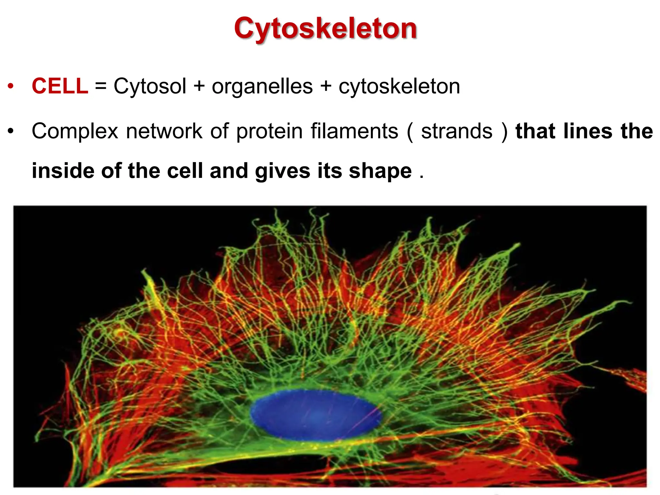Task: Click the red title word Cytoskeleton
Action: point(325,28)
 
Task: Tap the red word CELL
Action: point(60,86)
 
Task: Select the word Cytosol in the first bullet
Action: point(150,86)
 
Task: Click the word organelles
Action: point(262,86)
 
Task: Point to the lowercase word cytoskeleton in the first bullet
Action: point(399,86)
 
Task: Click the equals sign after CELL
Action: point(101,87)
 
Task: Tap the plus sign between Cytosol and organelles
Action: point(199,87)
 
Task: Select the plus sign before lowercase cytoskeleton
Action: point(326,87)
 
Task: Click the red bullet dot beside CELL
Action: point(11,86)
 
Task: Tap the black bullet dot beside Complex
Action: point(11,131)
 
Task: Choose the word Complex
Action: point(75,131)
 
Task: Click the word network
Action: point(164,131)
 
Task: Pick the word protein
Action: point(269,131)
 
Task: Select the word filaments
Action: point(354,131)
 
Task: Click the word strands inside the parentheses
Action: point(457,131)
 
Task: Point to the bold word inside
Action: point(63,170)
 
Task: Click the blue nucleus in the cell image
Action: point(315,415)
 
